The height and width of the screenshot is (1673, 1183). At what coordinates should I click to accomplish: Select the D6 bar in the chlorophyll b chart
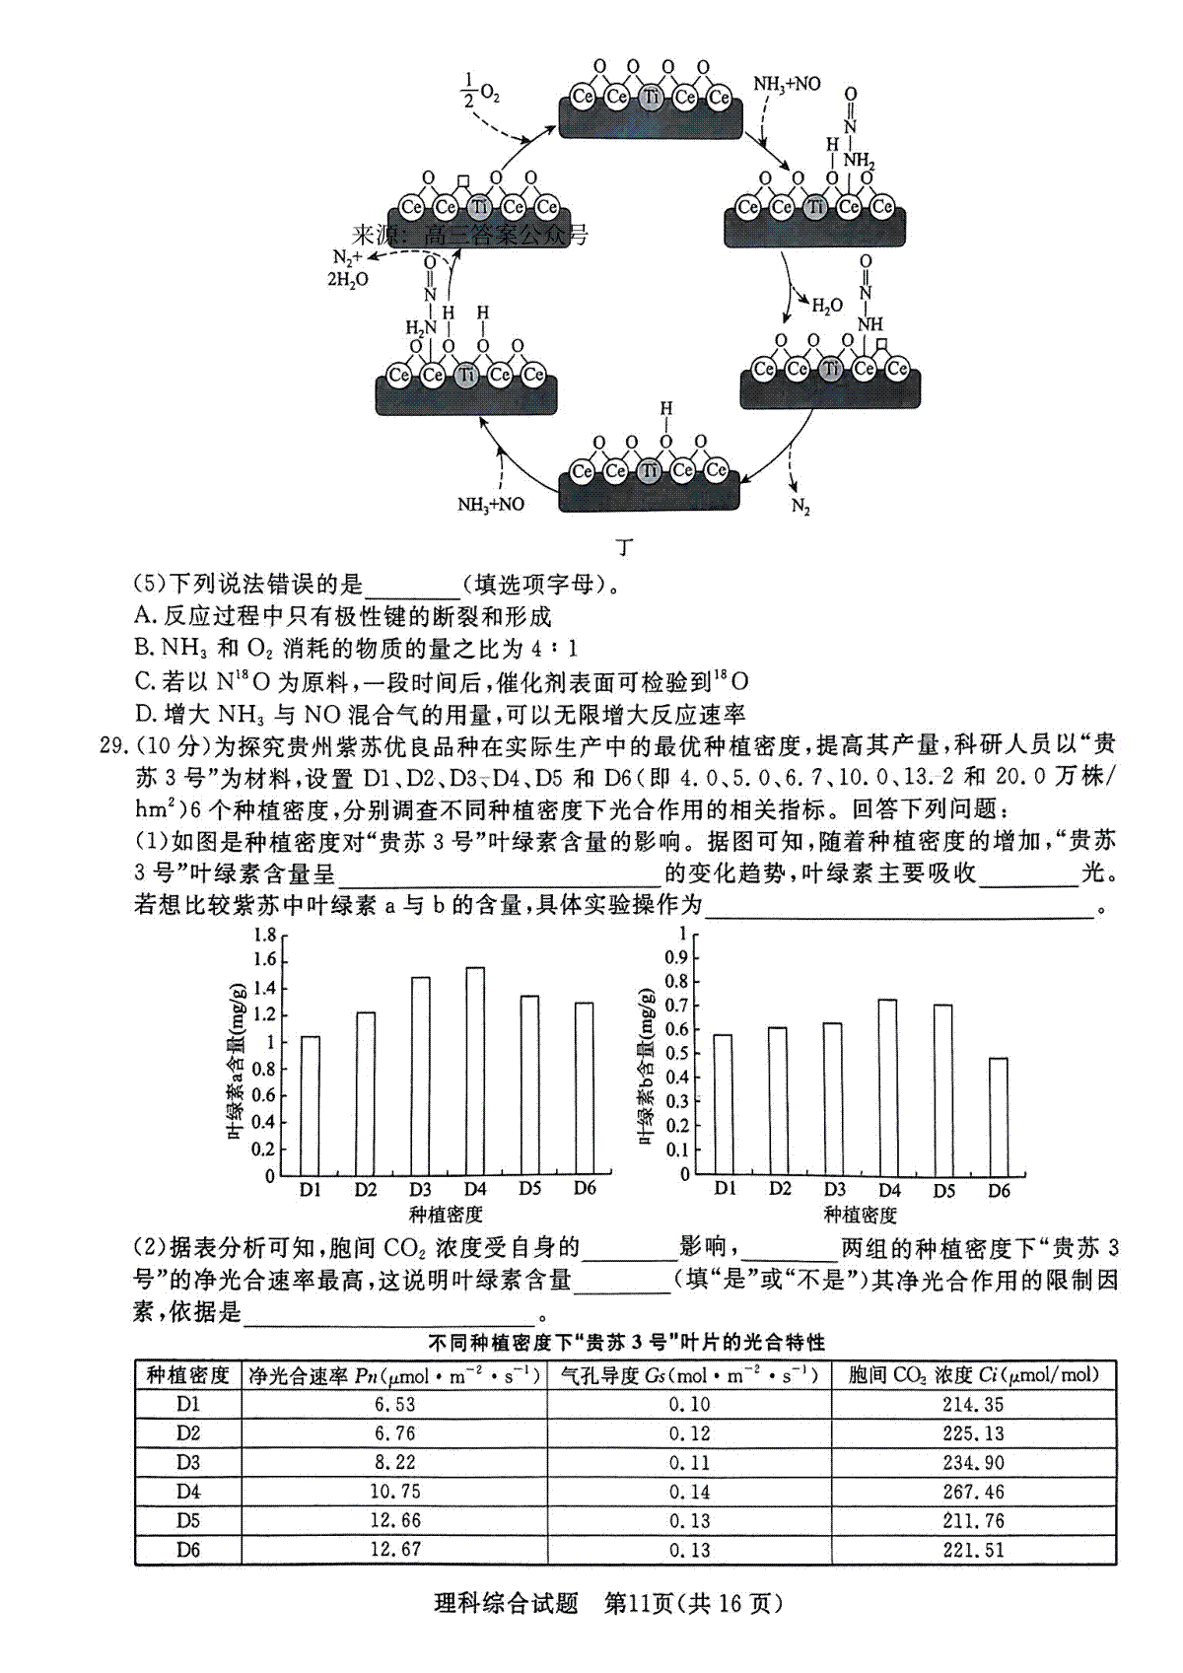pos(998,1116)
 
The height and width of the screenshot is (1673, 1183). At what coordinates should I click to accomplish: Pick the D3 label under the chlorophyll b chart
pos(834,1189)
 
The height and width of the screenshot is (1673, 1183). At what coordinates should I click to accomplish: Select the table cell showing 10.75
pos(395,1492)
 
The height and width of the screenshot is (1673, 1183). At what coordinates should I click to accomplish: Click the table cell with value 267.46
pos(972,1492)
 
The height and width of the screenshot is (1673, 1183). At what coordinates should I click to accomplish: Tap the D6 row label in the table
pos(188,1550)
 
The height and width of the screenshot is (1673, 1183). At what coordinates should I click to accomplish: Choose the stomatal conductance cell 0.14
pos(689,1492)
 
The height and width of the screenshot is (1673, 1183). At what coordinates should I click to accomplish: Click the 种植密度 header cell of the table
pos(187,1374)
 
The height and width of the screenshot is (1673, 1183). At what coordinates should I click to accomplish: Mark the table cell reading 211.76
pos(972,1520)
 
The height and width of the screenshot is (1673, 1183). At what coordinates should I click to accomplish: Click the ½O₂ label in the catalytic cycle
pos(479,91)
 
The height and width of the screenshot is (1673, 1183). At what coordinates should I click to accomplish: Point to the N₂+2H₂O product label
pos(347,269)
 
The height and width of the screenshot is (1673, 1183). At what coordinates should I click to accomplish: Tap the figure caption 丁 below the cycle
pos(624,548)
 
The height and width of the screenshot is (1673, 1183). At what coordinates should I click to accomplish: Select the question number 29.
pos(113,745)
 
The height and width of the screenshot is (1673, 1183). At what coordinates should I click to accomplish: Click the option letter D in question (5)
pos(145,714)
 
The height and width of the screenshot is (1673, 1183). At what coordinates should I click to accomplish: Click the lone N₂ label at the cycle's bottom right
pos(800,507)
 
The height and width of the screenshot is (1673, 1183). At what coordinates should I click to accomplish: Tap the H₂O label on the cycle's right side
pos(826,306)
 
